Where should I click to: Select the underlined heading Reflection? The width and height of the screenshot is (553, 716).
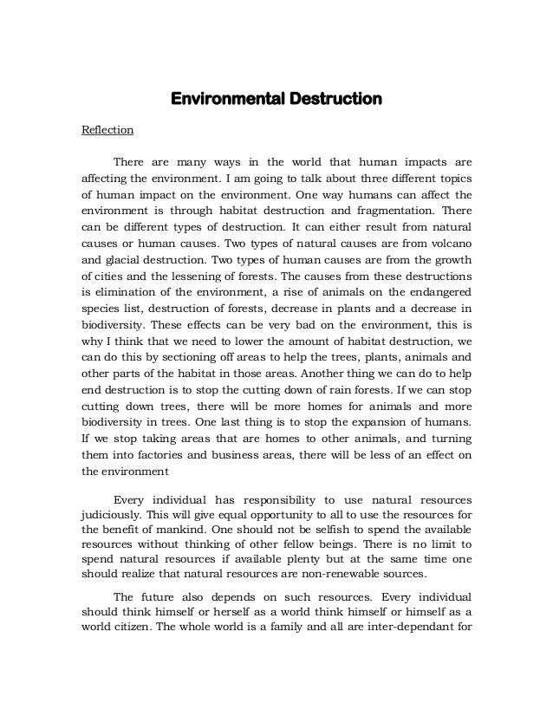107,130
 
